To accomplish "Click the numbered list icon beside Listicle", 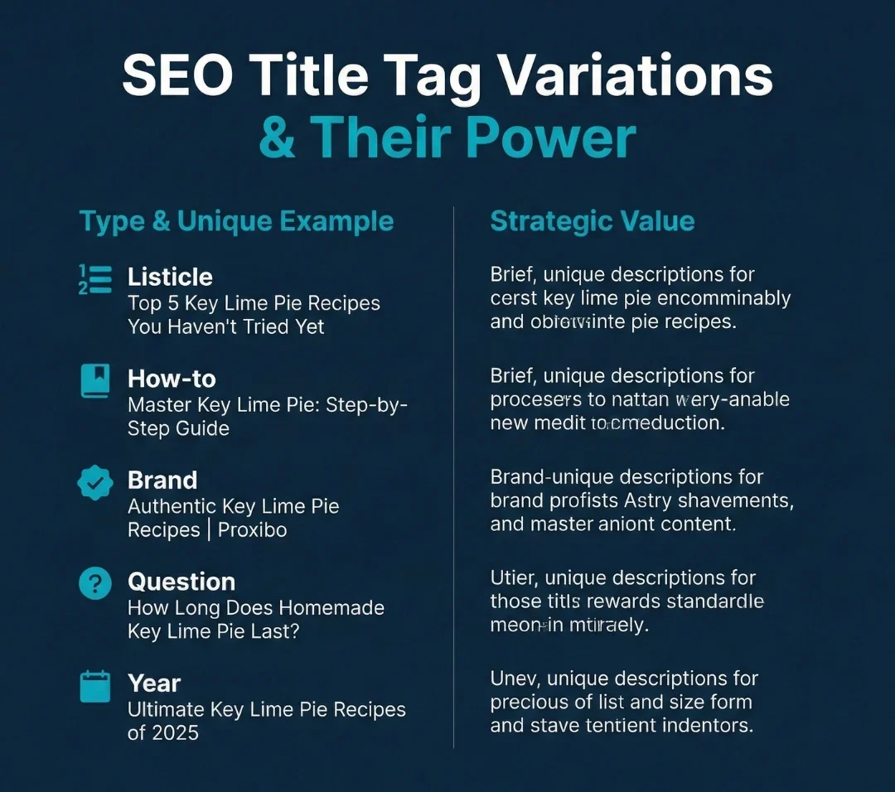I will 94,279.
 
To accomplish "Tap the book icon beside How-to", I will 94,381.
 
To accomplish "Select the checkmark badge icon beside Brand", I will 94,483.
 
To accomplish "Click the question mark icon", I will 94,584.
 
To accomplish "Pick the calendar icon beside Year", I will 94,686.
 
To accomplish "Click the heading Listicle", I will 170,277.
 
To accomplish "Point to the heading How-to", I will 172,379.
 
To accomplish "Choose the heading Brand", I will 162,481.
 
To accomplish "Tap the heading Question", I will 181,582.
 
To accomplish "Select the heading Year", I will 154,683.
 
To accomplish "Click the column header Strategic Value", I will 593,221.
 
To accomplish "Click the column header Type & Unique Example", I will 236,221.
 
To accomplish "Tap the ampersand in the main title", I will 278,138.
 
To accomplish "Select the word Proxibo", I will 253,530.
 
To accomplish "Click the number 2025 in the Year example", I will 175,733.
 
